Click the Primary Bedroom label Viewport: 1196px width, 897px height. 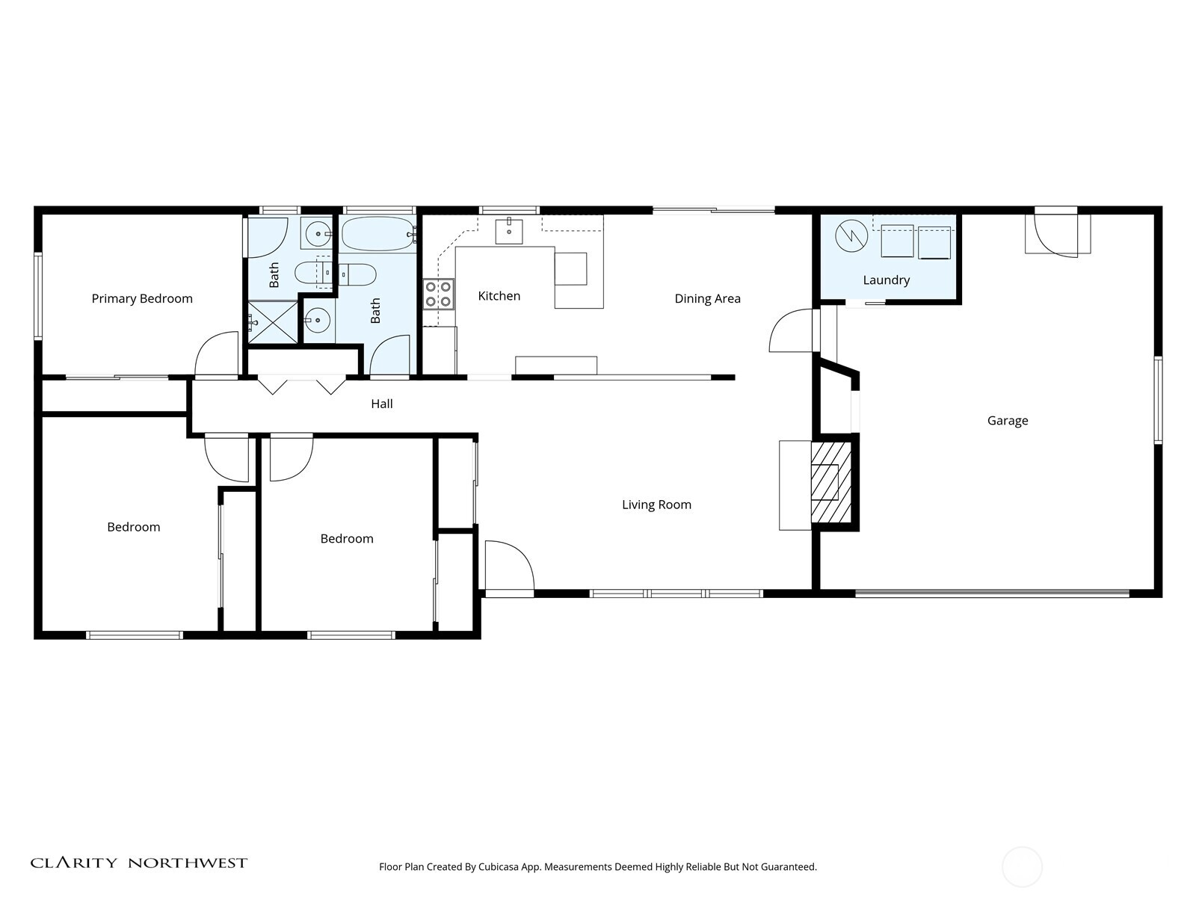pos(142,298)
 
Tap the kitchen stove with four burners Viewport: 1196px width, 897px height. pos(439,294)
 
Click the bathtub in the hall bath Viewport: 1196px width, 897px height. pos(378,234)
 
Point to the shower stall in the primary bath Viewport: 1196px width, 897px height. pos(273,322)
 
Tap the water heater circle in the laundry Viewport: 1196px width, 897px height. pos(851,235)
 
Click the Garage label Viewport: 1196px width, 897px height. pos(1008,420)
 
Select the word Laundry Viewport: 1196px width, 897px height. pos(886,280)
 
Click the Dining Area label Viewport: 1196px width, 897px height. pos(707,298)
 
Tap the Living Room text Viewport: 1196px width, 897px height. pos(656,505)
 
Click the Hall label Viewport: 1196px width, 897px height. pos(381,404)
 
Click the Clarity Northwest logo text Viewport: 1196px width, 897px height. pos(139,863)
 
